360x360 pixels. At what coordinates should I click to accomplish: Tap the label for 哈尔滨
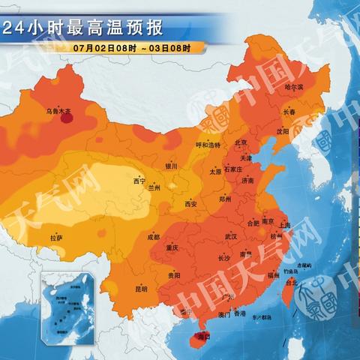coord(295,88)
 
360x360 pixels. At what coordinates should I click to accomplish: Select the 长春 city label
coord(289,112)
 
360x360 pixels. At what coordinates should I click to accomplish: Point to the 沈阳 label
coord(282,130)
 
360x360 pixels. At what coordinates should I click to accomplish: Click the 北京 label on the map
coord(241,142)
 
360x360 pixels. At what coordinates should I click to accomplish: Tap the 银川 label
coord(172,166)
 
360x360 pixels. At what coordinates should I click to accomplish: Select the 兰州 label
coord(154,187)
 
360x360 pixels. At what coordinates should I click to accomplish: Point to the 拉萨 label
coord(56,238)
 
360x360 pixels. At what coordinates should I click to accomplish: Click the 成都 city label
coord(153,237)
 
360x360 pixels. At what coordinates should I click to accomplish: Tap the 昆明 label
coord(141,288)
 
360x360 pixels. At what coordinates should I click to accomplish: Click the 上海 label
coord(284,224)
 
